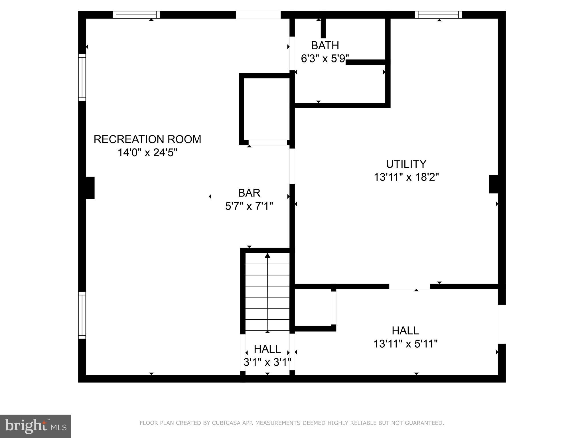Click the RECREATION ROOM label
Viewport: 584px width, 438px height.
pyautogui.click(x=147, y=139)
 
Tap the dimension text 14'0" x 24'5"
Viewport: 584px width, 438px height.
pyautogui.click(x=147, y=153)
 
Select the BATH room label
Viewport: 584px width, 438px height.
pyautogui.click(x=325, y=46)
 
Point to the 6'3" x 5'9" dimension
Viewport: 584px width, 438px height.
pyautogui.click(x=325, y=59)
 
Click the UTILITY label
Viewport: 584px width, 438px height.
pyautogui.click(x=406, y=164)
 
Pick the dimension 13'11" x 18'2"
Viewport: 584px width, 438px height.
pyautogui.click(x=406, y=177)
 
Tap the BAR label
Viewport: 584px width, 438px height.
pyautogui.click(x=249, y=193)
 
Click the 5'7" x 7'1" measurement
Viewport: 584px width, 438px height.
pyautogui.click(x=249, y=206)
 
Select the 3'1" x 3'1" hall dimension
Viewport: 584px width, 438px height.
pyautogui.click(x=267, y=362)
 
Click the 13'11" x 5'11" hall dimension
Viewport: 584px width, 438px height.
pyautogui.click(x=405, y=344)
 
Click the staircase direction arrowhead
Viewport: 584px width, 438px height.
pyautogui.click(x=267, y=256)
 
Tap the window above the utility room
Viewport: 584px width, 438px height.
pyautogui.click(x=438, y=15)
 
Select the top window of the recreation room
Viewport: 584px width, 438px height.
pyautogui.click(x=136, y=15)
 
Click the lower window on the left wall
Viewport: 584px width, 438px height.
pyautogui.click(x=82, y=315)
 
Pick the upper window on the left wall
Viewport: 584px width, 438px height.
pyautogui.click(x=82, y=77)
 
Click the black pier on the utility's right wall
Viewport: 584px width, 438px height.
pyautogui.click(x=494, y=184)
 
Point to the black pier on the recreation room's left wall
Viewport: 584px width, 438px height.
pyautogui.click(x=90, y=188)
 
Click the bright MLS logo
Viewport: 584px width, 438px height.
pyautogui.click(x=36, y=426)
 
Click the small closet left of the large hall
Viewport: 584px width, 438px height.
pyautogui.click(x=313, y=307)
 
